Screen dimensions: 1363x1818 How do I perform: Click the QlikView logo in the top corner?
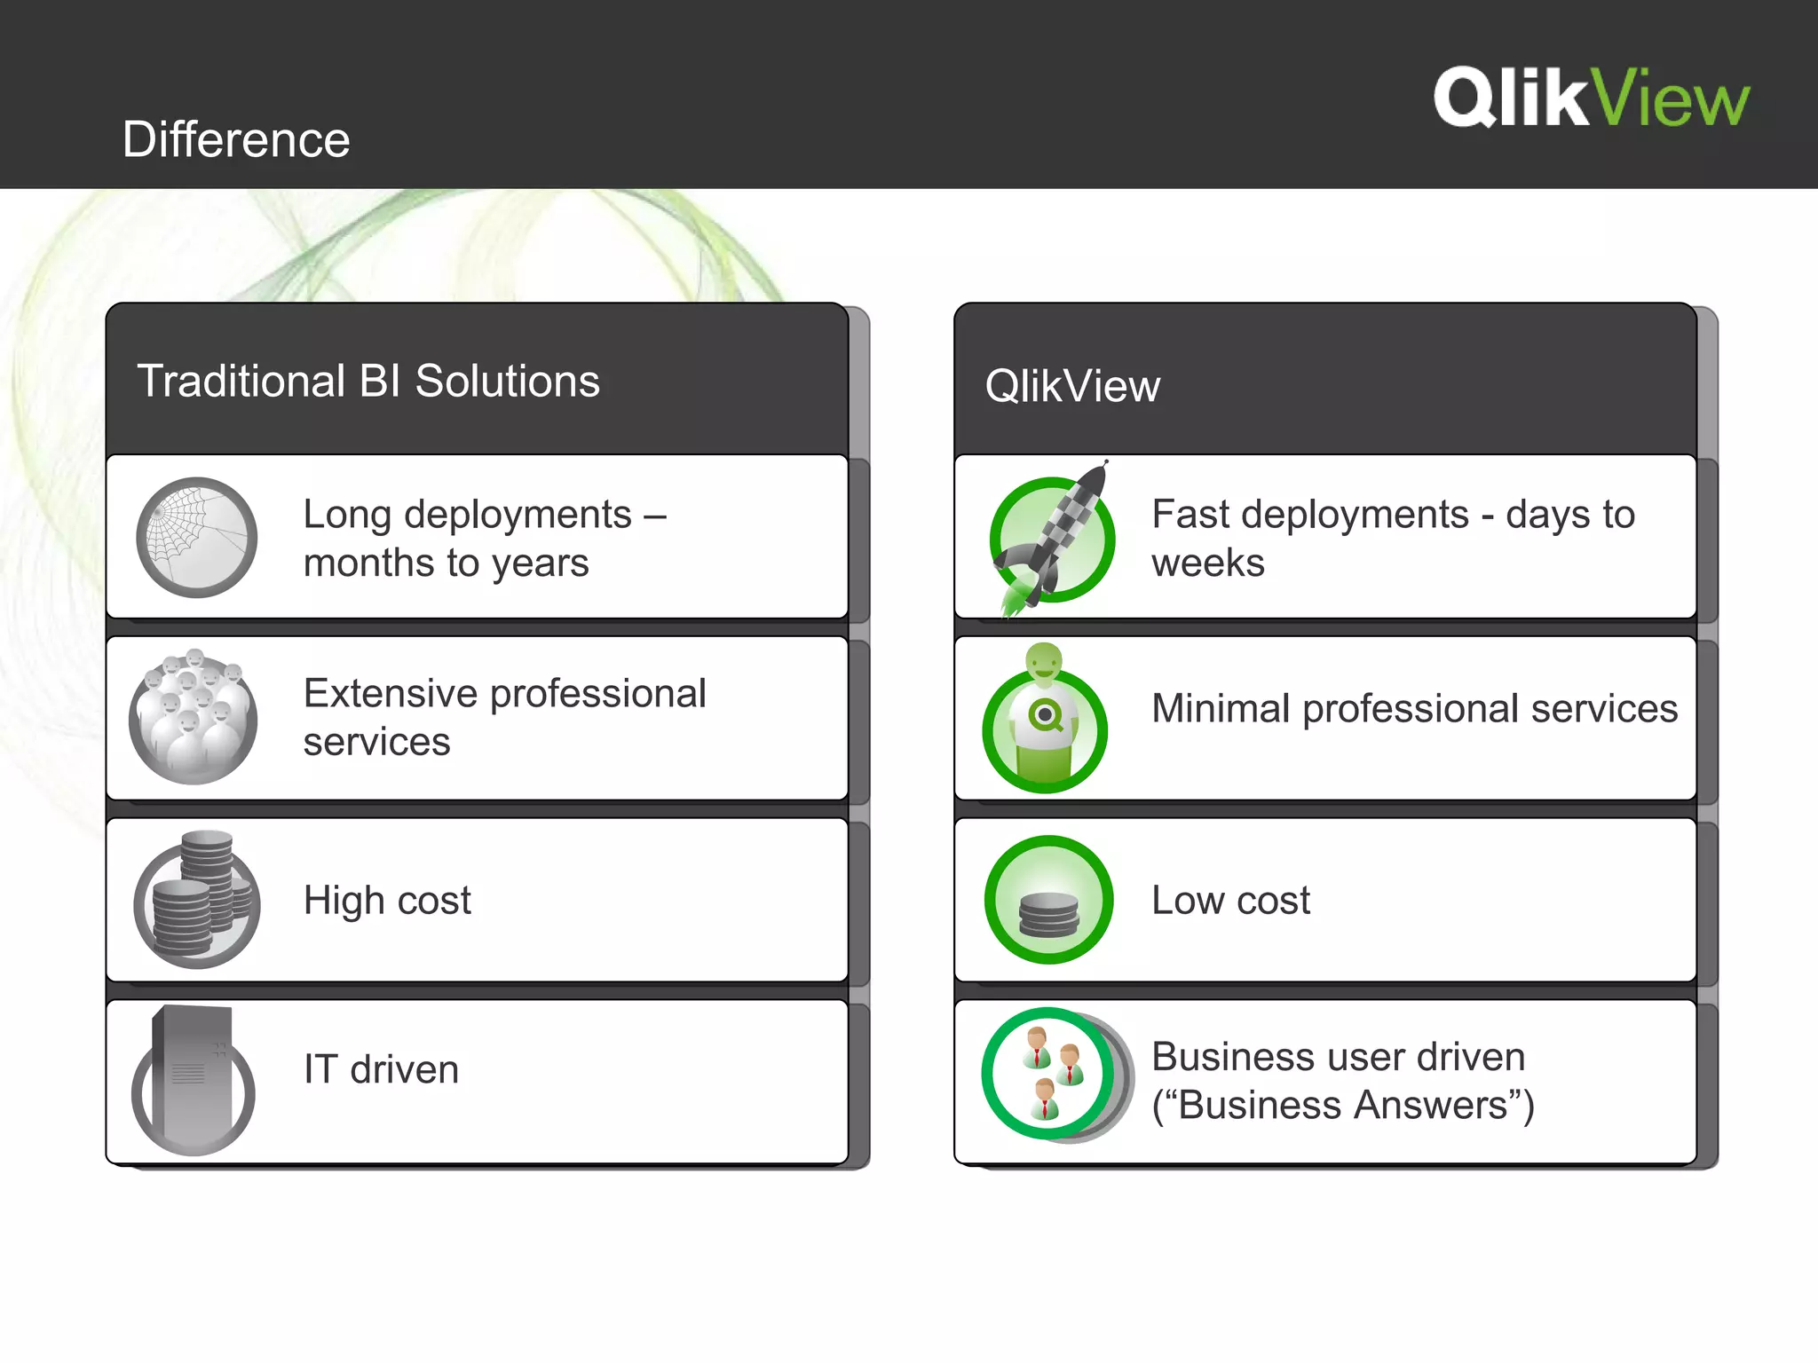[1591, 98]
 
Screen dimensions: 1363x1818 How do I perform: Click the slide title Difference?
[236, 139]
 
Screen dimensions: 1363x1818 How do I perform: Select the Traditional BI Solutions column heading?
[368, 381]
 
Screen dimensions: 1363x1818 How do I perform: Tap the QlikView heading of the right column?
[1072, 386]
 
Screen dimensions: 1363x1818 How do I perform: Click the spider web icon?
[196, 538]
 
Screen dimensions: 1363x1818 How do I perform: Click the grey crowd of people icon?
[194, 718]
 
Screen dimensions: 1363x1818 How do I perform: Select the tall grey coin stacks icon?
[197, 900]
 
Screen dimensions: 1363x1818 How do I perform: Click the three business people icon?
[1051, 1075]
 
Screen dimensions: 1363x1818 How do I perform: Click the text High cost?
[387, 901]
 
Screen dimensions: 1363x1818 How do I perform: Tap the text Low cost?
[1230, 901]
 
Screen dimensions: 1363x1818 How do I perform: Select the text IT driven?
[381, 1069]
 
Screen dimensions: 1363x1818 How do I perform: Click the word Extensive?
[388, 694]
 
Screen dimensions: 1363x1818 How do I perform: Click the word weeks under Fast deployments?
[1207, 563]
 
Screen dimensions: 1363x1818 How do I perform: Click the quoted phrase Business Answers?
[1343, 1106]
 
